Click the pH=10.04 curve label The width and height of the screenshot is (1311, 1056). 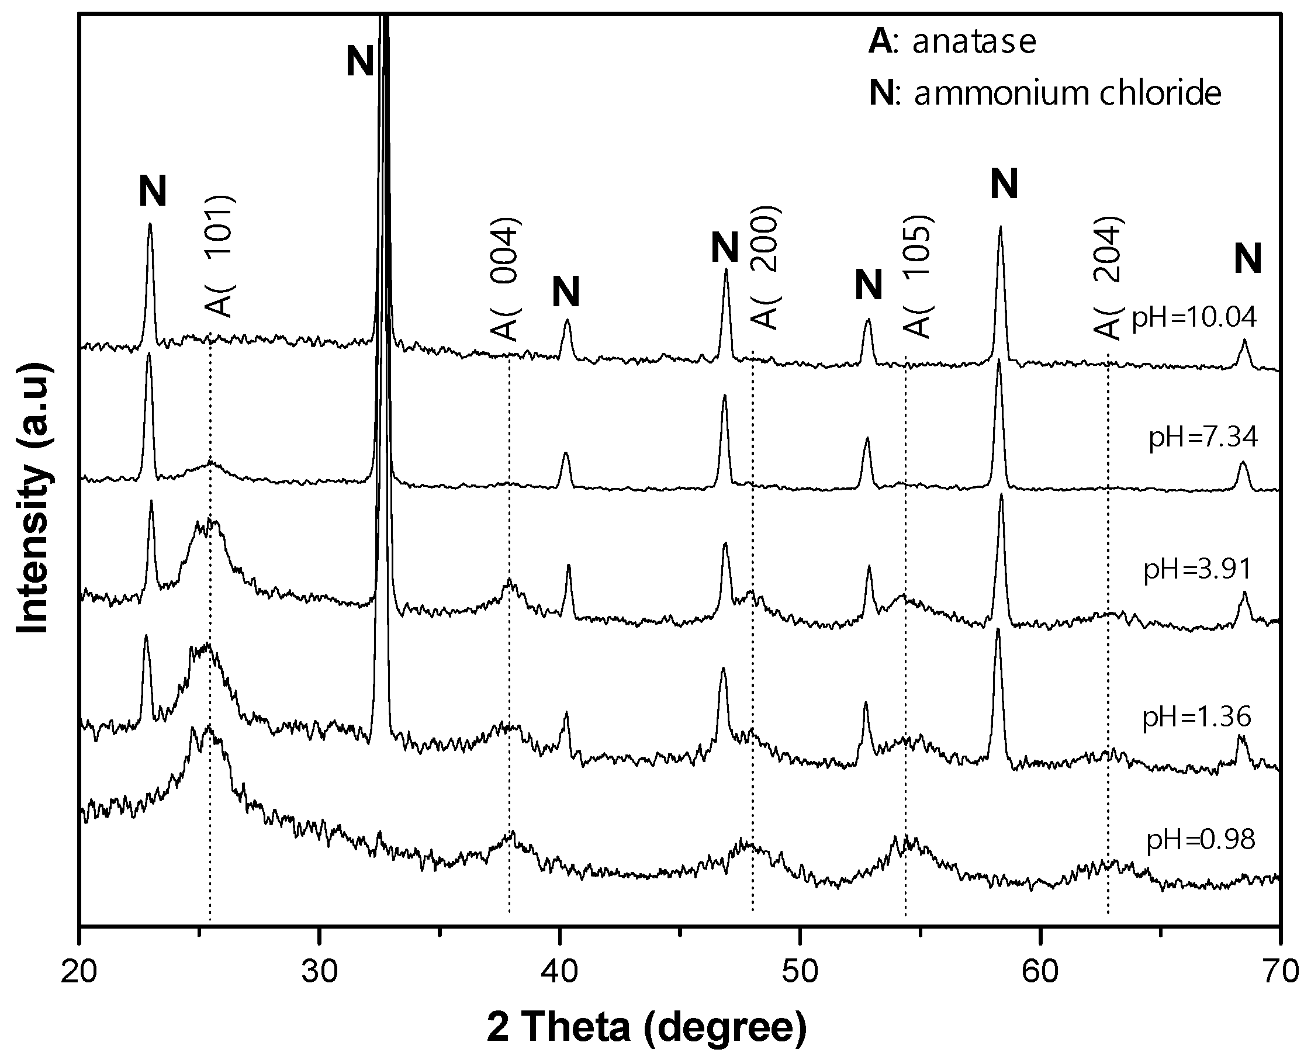coord(1194,317)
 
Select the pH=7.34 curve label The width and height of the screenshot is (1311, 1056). coord(1203,437)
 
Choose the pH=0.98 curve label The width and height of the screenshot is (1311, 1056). coord(1201,840)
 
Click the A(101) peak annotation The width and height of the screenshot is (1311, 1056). coord(219,256)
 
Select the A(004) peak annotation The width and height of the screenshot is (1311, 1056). coord(505,278)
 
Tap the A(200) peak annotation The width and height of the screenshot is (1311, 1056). coord(765,268)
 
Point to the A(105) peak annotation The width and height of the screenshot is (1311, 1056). coord(918,277)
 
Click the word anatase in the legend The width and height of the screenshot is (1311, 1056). coord(973,41)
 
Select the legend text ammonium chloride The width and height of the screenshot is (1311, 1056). coord(1067,93)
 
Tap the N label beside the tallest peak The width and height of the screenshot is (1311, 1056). coord(359,61)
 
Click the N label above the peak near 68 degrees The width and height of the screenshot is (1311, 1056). coord(1248,258)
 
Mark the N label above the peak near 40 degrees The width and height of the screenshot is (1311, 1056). coord(566,292)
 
